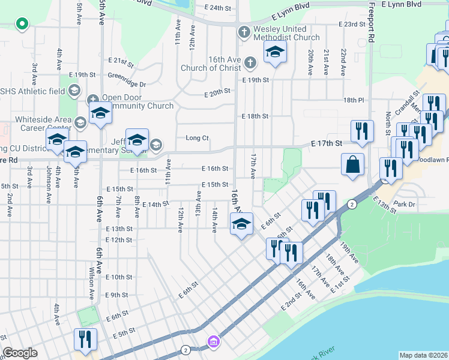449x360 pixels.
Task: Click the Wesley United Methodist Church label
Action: coord(286,33)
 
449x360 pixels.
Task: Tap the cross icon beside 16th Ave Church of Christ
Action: coord(250,62)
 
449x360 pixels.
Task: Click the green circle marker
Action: coord(22,25)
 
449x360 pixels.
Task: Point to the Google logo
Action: coord(20,353)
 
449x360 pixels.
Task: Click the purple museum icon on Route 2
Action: coord(212,342)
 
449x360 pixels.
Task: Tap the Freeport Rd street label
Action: coord(372,24)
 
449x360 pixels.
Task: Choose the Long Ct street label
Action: coord(197,138)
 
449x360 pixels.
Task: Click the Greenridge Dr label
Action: coord(127,85)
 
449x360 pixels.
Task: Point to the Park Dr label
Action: coord(405,205)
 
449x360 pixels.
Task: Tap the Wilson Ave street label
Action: coord(92,284)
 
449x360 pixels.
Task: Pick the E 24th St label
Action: coord(217,8)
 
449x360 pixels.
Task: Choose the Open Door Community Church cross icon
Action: coord(93,99)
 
